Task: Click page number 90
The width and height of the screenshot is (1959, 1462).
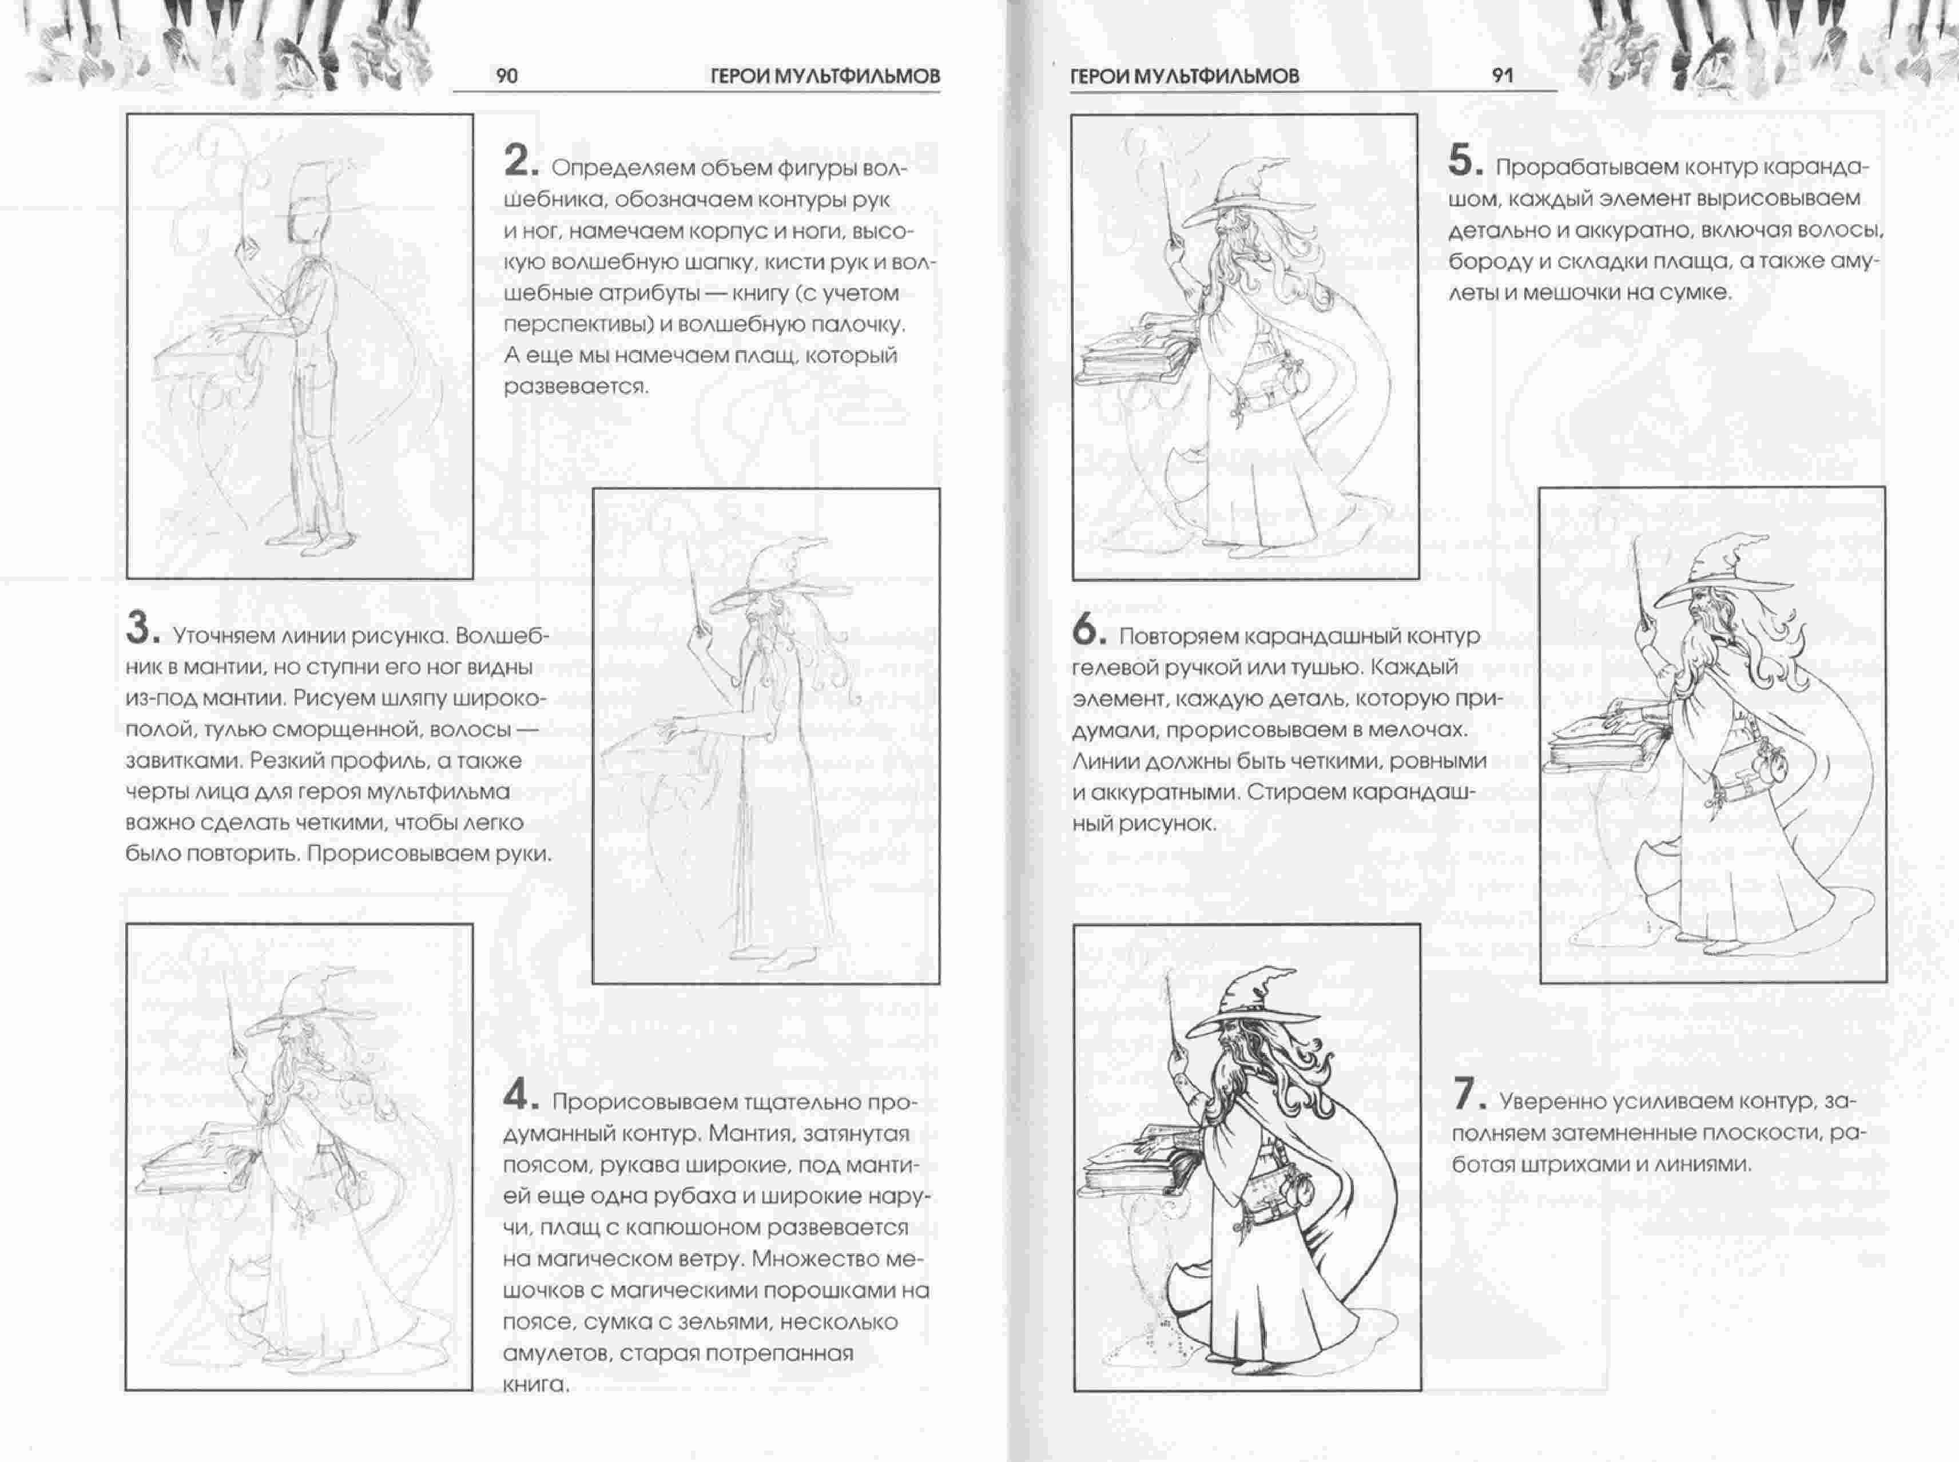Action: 507,76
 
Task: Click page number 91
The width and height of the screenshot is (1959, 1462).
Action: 1503,76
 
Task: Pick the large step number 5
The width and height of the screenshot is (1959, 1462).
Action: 1465,161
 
